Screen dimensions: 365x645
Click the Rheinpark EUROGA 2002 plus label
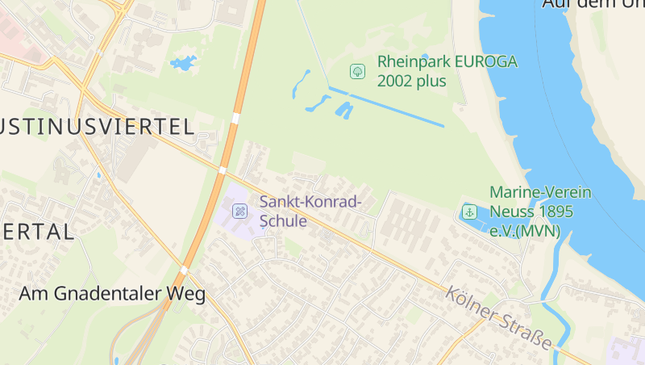pyautogui.click(x=447, y=71)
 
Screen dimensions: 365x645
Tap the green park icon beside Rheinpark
pyautogui.click(x=357, y=71)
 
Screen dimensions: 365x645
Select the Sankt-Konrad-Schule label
pyautogui.click(x=310, y=211)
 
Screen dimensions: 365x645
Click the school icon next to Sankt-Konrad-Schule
pyautogui.click(x=239, y=211)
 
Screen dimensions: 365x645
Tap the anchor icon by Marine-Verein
pyautogui.click(x=468, y=212)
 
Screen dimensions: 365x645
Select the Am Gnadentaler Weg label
pyautogui.click(x=112, y=294)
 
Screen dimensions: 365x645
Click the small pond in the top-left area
pyautogui.click(x=184, y=62)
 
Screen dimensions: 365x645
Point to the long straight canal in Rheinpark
pyautogui.click(x=387, y=106)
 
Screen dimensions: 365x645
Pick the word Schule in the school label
pyautogui.click(x=283, y=220)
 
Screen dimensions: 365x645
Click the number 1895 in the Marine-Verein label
pyautogui.click(x=556, y=212)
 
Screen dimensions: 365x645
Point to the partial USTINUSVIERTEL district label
pyautogui.click(x=97, y=126)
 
